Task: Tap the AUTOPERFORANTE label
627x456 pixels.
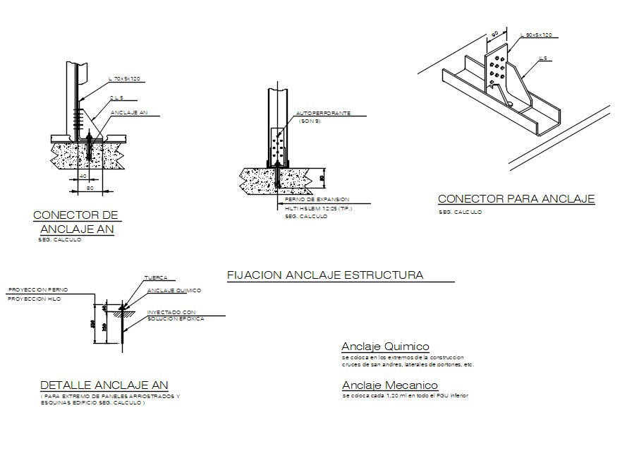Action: [x=322, y=113]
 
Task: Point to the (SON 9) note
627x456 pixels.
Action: [x=310, y=121]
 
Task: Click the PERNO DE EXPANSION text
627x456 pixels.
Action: [x=312, y=200]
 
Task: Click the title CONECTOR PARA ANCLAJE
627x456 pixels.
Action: [x=516, y=199]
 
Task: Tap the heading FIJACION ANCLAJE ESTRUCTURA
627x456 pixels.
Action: [x=325, y=275]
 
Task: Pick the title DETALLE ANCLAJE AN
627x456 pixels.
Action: [x=104, y=385]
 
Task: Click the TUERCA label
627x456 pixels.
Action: [x=156, y=278]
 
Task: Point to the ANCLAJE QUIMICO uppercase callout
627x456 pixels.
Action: [x=174, y=290]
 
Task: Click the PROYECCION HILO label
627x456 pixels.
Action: [x=34, y=299]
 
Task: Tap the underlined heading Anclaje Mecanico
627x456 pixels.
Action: [x=390, y=385]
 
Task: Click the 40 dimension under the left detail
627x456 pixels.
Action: [x=83, y=176]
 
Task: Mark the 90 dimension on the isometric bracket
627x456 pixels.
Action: [x=495, y=33]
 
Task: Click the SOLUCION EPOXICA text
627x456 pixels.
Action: [x=176, y=319]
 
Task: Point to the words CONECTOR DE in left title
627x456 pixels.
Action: [x=75, y=215]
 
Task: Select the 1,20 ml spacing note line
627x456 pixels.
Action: [x=405, y=395]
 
